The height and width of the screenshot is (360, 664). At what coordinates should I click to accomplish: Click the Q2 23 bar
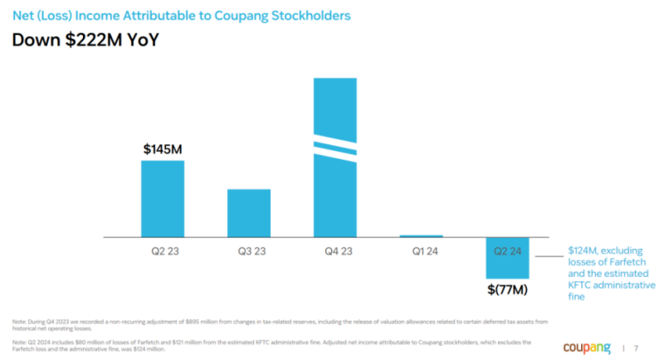pos(162,198)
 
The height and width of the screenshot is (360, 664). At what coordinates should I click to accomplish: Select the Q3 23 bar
pos(249,212)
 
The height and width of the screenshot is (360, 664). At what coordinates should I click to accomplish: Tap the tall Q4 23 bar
pos(335,191)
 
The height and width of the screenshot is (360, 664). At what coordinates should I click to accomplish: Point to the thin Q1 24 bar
pos(422,236)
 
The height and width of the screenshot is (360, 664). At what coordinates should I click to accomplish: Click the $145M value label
pos(162,149)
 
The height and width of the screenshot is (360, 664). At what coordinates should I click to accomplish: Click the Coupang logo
pos(588,347)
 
